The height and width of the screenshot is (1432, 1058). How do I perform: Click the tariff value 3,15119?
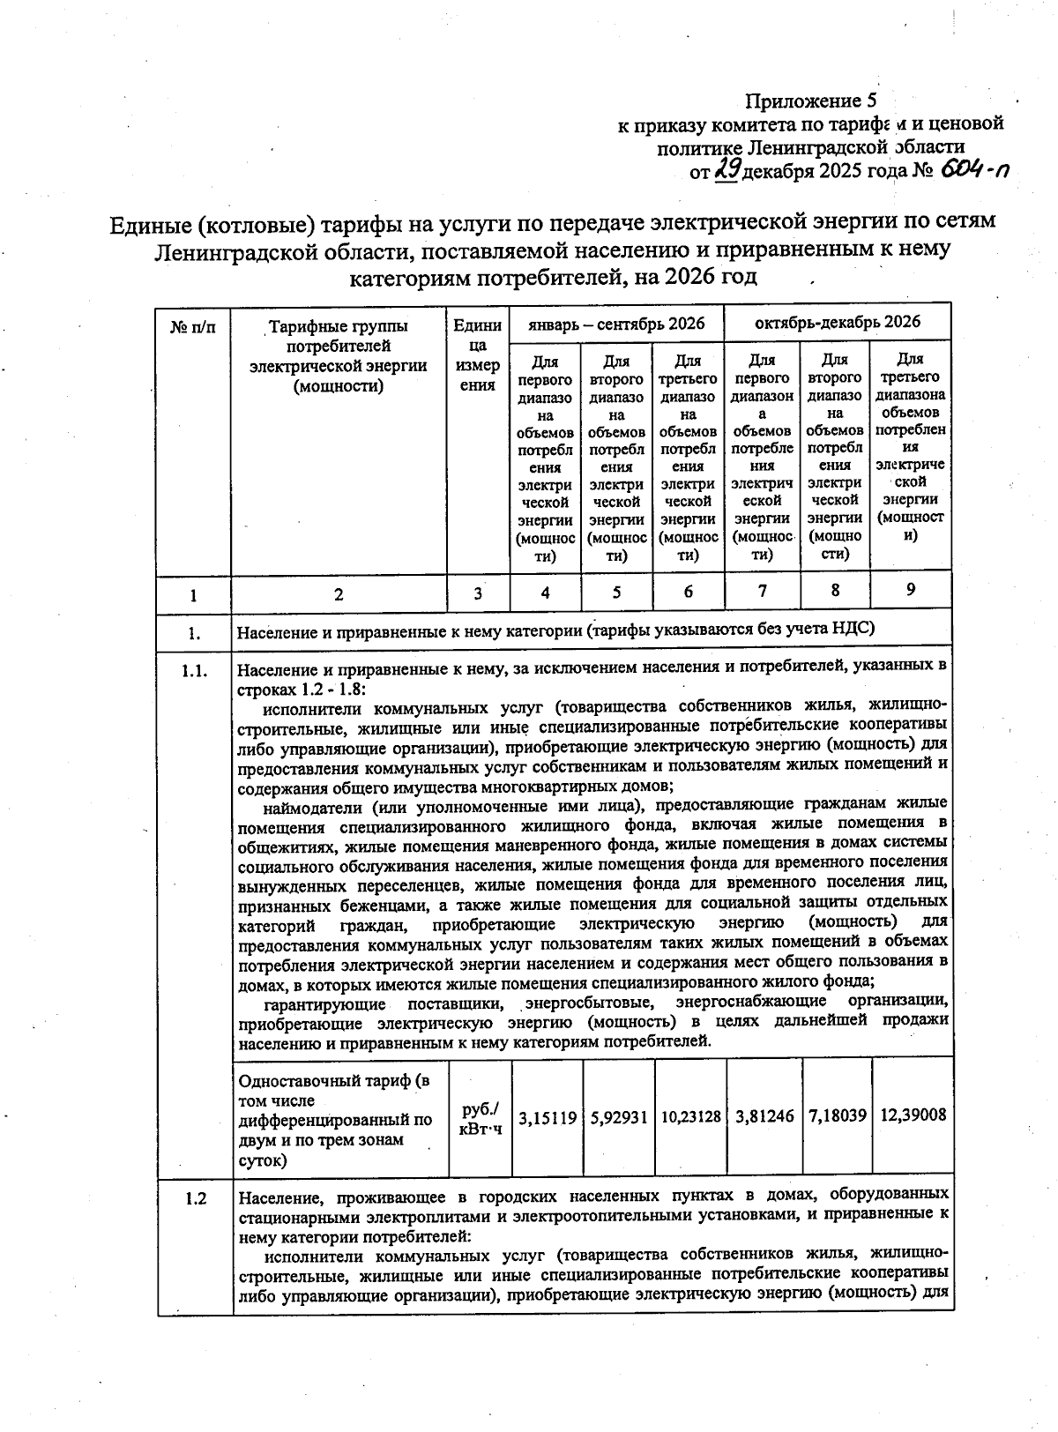(x=547, y=1117)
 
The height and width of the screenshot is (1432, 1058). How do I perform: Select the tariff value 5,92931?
(x=619, y=1117)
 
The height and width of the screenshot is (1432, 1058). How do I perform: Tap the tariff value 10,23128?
(x=690, y=1117)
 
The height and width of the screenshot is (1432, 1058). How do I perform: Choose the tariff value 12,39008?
(x=913, y=1115)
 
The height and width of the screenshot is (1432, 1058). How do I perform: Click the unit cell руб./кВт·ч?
(x=480, y=1118)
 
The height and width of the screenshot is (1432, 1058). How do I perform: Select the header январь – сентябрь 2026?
(x=616, y=324)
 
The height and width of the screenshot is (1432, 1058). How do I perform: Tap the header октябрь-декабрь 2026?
(x=837, y=322)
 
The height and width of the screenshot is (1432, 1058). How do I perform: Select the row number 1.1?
(x=194, y=670)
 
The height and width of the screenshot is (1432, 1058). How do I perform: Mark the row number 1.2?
(x=195, y=1198)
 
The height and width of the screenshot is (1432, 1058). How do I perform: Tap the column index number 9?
(x=910, y=589)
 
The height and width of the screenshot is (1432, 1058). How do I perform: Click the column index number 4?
(x=546, y=593)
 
